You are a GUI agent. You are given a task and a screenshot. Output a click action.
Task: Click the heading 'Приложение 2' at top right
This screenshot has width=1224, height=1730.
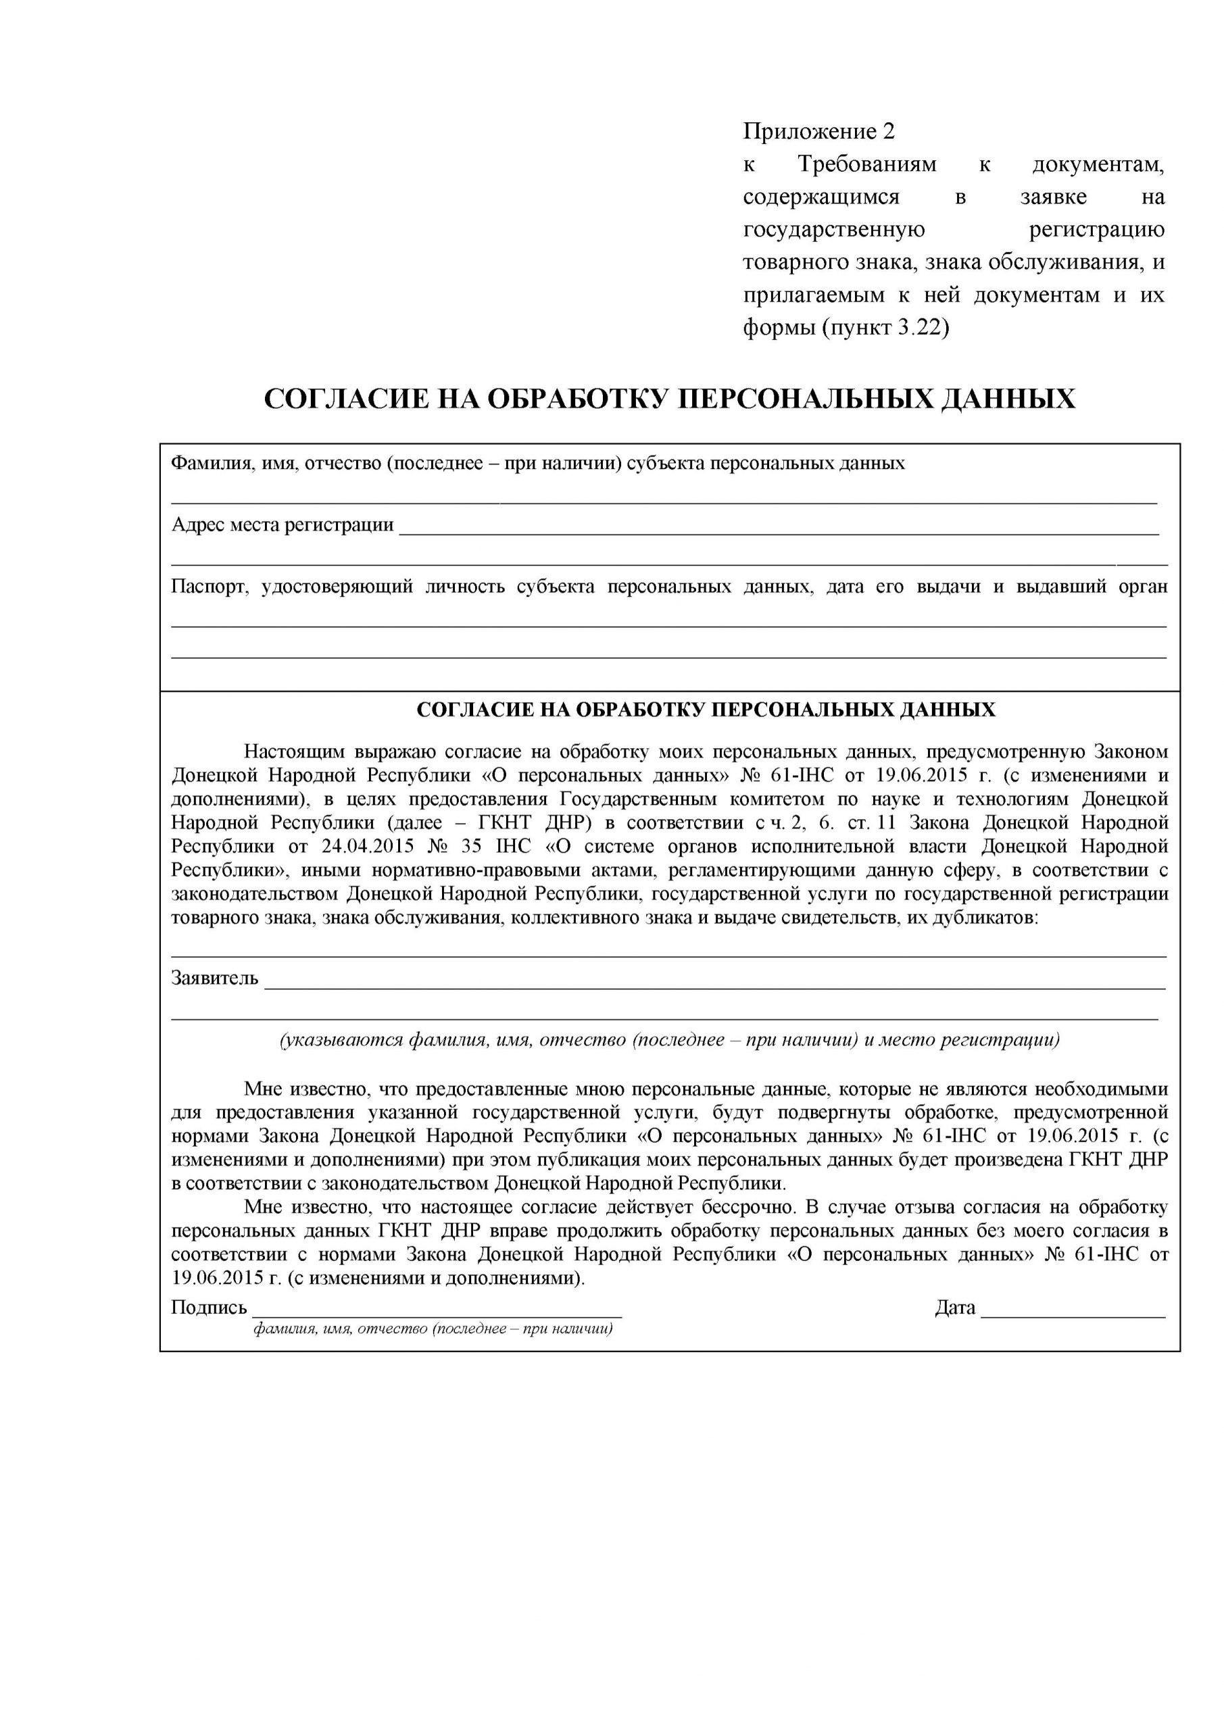click(x=818, y=132)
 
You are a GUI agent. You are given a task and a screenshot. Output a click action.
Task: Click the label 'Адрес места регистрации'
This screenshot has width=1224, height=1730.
click(x=283, y=525)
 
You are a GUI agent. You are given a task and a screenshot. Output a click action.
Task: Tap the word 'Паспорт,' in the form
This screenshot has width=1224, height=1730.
click(x=210, y=587)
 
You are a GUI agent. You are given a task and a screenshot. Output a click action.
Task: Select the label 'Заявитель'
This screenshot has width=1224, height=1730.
click(x=215, y=979)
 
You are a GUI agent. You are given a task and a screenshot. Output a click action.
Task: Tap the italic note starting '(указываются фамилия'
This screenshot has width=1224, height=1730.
click(x=669, y=1041)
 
